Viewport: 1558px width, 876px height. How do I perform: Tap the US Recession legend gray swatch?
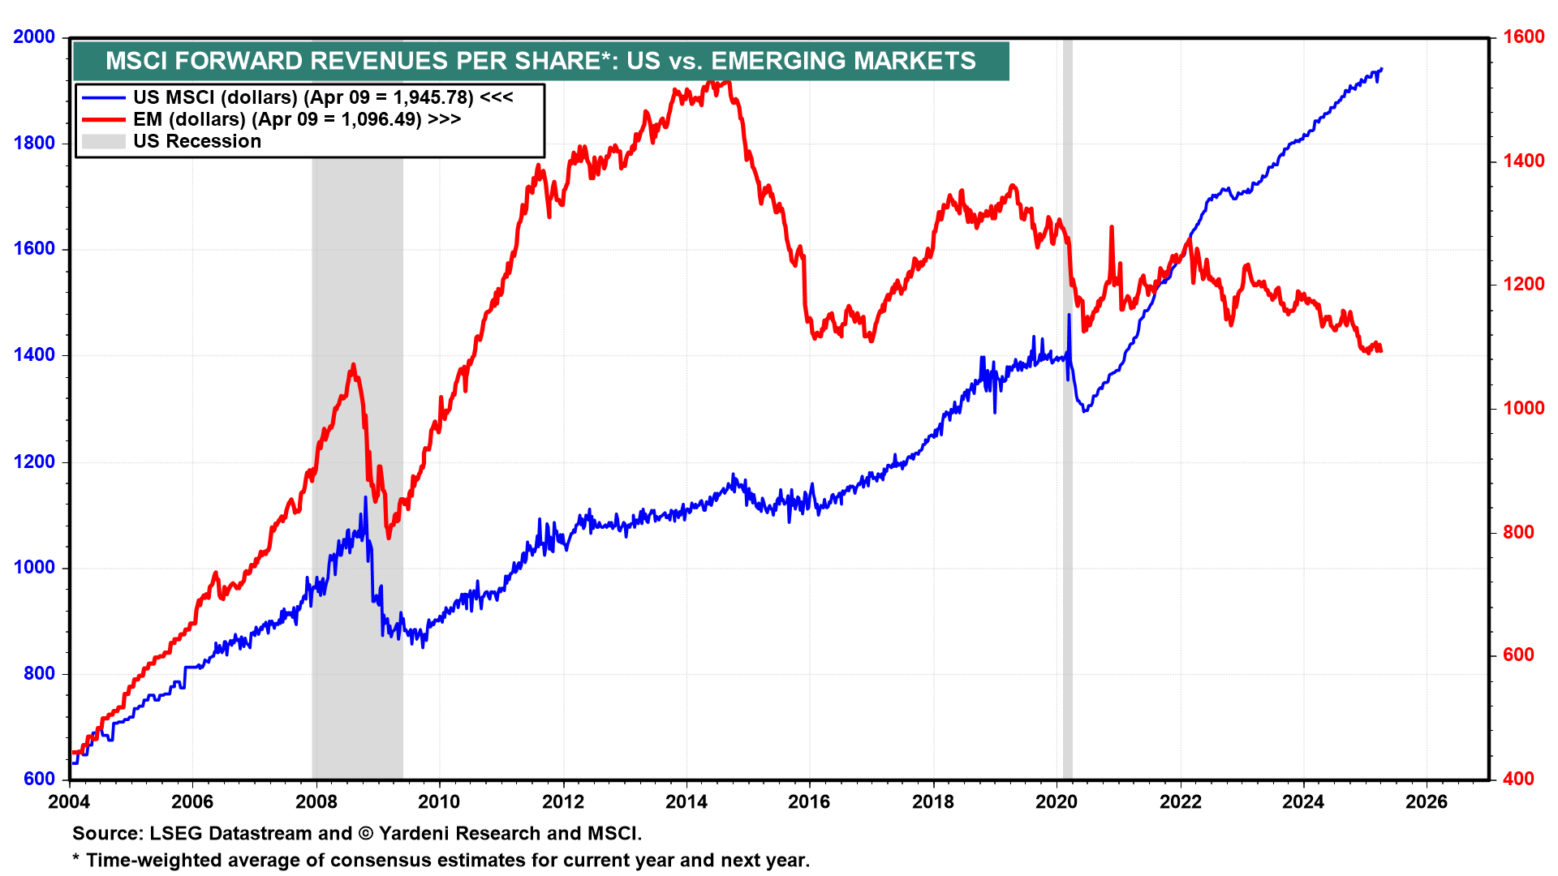click(103, 141)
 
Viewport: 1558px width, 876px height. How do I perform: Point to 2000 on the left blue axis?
click(34, 37)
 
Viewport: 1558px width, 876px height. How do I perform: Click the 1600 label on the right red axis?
click(1523, 37)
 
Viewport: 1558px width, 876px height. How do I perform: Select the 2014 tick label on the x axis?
click(686, 802)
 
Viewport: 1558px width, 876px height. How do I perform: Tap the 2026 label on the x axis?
click(1426, 802)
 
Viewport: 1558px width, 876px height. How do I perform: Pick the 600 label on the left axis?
click(39, 779)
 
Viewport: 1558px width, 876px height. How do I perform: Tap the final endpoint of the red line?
click(1380, 350)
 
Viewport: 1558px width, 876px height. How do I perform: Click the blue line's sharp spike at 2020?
click(1069, 316)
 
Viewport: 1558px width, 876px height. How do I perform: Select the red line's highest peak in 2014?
click(712, 81)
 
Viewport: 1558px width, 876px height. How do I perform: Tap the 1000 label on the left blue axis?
click(34, 568)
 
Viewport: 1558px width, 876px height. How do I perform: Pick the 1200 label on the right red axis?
click(1523, 285)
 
